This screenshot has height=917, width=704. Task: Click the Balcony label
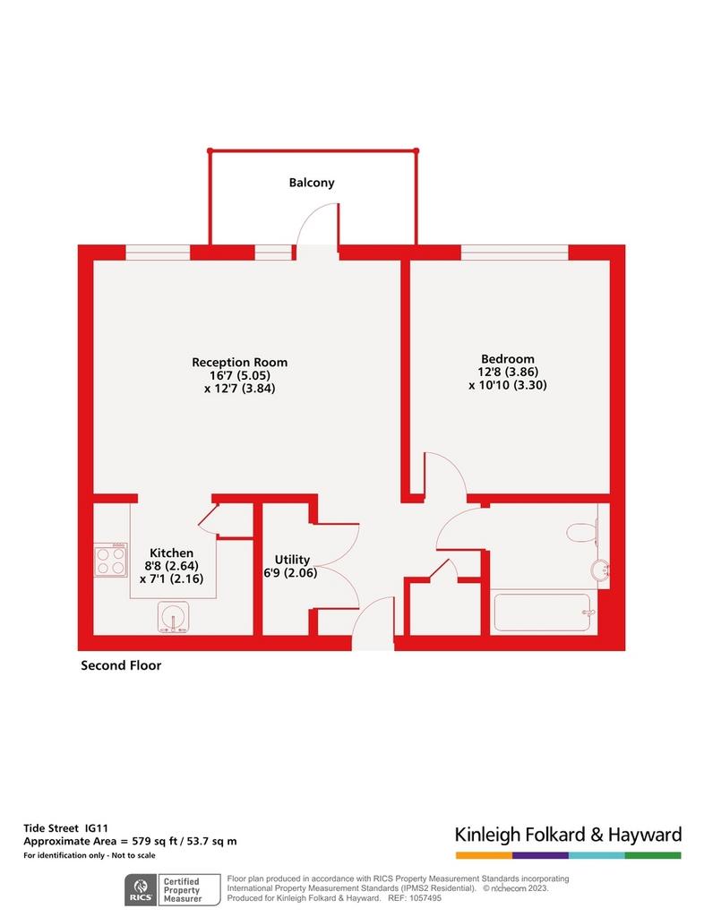click(x=312, y=183)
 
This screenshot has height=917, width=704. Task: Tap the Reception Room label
click(x=240, y=363)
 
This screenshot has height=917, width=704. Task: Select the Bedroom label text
click(x=508, y=359)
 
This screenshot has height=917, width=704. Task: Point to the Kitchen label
click(x=171, y=553)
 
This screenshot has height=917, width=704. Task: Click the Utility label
click(x=292, y=560)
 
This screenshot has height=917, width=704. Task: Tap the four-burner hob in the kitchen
click(x=111, y=560)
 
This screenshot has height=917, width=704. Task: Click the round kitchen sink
click(x=173, y=618)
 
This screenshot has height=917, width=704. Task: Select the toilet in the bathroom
click(x=582, y=532)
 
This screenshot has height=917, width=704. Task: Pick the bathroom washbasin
click(x=600, y=570)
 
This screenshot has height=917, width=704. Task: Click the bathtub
click(x=543, y=613)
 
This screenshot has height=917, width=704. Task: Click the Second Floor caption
click(x=121, y=665)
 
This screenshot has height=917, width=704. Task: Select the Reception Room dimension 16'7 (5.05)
click(x=240, y=375)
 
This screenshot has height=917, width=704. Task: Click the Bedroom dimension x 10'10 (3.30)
click(x=508, y=385)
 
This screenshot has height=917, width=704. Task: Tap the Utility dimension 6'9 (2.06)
click(x=290, y=572)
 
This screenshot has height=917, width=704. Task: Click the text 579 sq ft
click(x=152, y=842)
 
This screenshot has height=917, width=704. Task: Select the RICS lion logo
click(x=141, y=890)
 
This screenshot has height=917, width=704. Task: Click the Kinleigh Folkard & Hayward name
click(x=569, y=834)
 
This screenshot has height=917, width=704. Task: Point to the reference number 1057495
click(x=425, y=897)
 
